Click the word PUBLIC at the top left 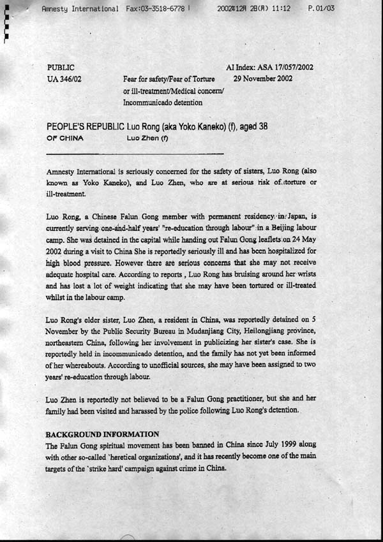point(61,67)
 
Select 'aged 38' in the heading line point(252,126)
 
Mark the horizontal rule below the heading point(135,154)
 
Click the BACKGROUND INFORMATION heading point(103,434)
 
